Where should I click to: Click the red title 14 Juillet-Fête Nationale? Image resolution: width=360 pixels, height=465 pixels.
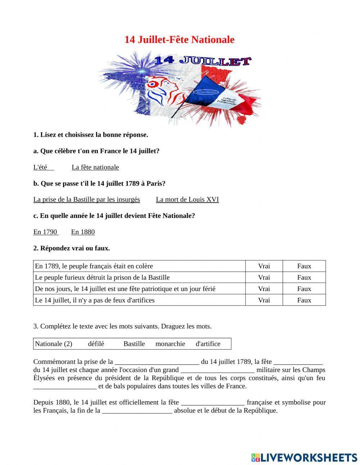(179, 40)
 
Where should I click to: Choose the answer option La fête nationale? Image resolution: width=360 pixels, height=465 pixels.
(95, 167)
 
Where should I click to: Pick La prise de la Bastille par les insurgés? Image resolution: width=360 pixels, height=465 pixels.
(86, 200)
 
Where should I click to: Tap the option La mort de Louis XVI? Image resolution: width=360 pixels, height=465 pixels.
(187, 200)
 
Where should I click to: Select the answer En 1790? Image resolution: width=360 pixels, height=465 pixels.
(45, 232)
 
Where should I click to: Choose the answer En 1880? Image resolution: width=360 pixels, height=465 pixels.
(83, 232)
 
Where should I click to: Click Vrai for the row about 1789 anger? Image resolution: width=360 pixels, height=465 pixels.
(264, 266)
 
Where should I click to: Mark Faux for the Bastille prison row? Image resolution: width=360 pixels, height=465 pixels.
(304, 277)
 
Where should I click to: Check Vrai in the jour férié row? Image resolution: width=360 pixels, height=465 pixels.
(264, 289)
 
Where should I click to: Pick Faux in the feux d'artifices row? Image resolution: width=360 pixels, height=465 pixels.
(304, 300)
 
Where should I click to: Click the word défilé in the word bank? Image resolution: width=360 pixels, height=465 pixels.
(96, 344)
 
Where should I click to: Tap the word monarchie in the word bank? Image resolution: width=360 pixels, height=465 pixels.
(170, 344)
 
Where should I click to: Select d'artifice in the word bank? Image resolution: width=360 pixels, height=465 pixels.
(208, 344)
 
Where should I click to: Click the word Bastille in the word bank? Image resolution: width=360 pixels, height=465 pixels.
(134, 344)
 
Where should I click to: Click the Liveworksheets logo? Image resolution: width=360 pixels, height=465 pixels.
(304, 457)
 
